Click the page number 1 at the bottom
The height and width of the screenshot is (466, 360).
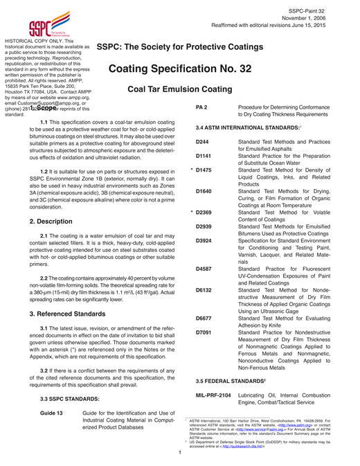(x=179, y=453)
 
